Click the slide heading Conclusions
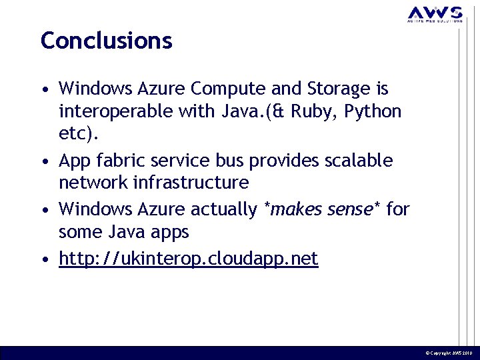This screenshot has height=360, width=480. pyautogui.click(x=107, y=41)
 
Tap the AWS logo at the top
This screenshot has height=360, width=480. pyautogui.click(x=435, y=14)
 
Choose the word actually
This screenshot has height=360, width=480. pyautogui.click(x=223, y=209)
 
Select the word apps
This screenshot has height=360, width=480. pyautogui.click(x=171, y=233)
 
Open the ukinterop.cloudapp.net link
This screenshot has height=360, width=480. pyautogui.click(x=189, y=259)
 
